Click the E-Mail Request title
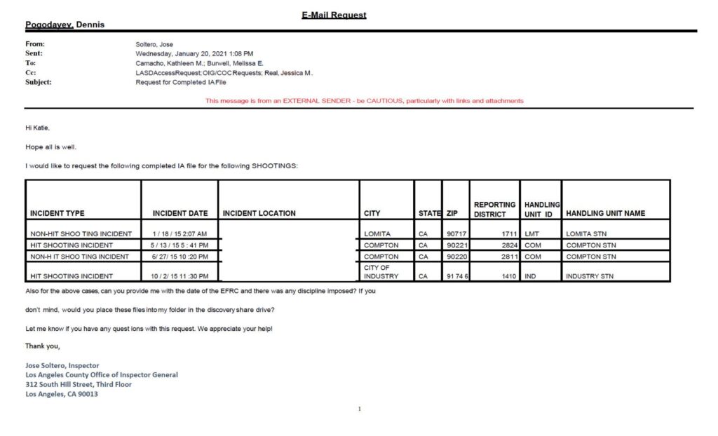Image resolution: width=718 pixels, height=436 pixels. pos(334,15)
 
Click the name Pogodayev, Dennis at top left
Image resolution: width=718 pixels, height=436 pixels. pos(65,25)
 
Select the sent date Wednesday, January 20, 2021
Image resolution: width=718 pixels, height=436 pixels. pos(194,53)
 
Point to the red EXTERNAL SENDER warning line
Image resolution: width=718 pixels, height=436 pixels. pos(364,101)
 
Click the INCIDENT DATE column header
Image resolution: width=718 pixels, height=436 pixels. pos(180,213)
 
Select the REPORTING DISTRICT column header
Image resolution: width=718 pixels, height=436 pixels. pos(495,209)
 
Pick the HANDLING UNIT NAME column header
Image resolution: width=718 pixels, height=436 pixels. pos(605,213)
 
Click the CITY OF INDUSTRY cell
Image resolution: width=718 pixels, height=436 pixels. pos(381,272)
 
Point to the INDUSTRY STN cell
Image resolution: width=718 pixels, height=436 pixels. pos(590,276)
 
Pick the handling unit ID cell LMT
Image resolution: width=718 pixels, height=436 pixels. pos(531,234)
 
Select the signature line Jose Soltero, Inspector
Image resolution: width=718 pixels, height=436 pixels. pos(62,365)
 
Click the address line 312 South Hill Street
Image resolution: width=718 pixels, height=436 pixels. pos(78,384)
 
